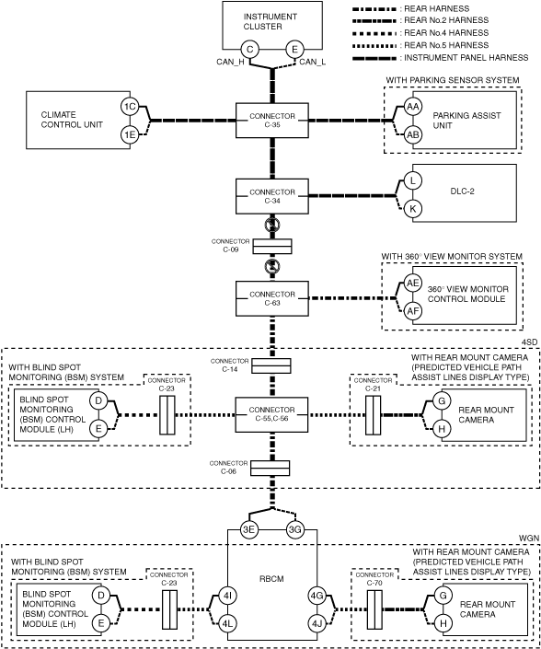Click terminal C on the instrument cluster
click(250, 50)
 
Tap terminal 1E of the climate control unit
click(130, 134)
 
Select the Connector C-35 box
click(272, 121)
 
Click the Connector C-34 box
click(272, 196)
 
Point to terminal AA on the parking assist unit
click(412, 107)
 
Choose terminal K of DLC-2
click(412, 209)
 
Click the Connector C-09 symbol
click(272, 247)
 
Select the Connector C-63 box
click(272, 298)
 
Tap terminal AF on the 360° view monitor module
click(413, 312)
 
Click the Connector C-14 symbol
click(271, 365)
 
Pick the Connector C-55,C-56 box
click(271, 415)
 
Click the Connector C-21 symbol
click(373, 415)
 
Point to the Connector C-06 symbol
click(270, 469)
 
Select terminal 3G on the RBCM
click(295, 530)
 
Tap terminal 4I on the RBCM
click(227, 596)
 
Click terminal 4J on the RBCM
click(317, 623)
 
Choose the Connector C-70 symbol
click(374, 609)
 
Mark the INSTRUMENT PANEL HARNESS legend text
click(466, 58)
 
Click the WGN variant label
click(529, 538)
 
